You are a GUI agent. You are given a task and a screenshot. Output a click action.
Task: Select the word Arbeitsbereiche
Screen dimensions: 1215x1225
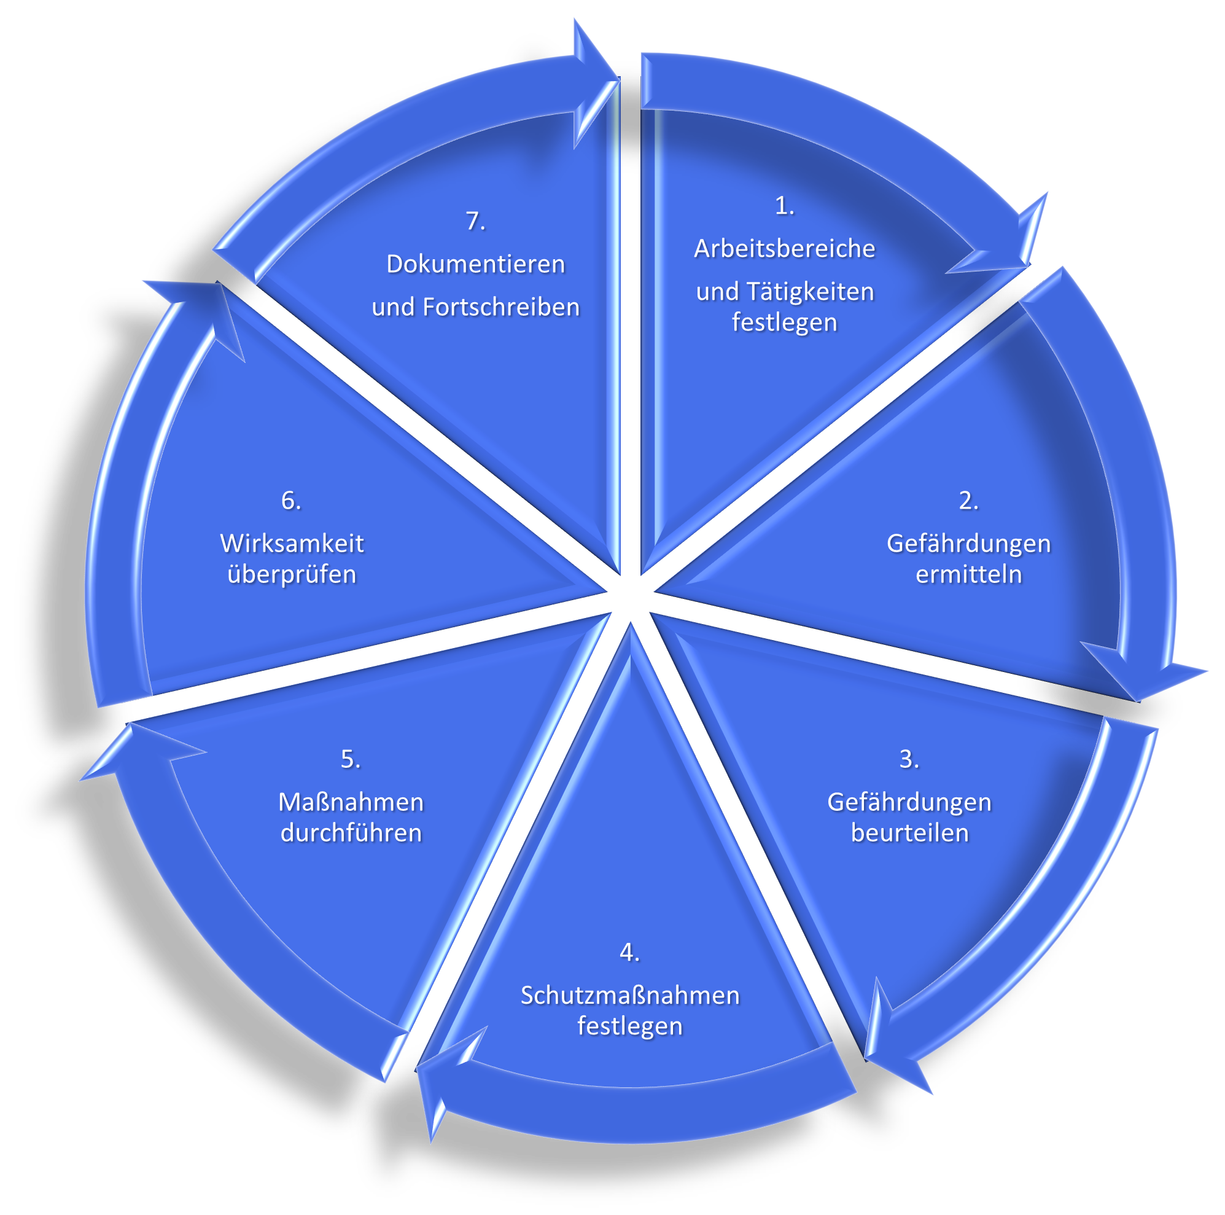click(x=784, y=249)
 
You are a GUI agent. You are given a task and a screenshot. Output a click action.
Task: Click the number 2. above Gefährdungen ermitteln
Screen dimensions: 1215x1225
click(x=968, y=501)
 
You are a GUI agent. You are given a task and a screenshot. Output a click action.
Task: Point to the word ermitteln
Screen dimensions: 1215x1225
click(x=968, y=574)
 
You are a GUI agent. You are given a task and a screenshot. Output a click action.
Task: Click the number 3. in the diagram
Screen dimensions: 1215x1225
click(x=909, y=759)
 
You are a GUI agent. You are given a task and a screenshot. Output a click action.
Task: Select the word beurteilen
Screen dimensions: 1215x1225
click(x=909, y=832)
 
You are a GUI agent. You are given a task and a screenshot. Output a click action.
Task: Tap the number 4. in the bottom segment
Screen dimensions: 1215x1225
click(x=629, y=952)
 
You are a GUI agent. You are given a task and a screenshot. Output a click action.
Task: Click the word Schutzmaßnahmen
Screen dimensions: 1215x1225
click(x=629, y=995)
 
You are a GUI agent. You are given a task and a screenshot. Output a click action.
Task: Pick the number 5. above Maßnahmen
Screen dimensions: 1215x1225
click(x=351, y=759)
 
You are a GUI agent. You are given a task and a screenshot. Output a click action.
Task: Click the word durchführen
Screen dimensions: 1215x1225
click(x=351, y=832)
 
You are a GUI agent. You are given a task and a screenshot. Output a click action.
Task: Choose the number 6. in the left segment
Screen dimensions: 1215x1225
click(x=291, y=501)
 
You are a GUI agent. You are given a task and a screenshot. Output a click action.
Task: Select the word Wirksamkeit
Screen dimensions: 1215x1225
click(x=292, y=544)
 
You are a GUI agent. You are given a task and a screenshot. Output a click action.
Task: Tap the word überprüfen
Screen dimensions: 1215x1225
click(x=292, y=574)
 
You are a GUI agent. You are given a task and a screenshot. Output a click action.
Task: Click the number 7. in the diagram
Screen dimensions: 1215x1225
click(x=475, y=221)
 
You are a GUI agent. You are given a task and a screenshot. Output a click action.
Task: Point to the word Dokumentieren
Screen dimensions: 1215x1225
click(x=475, y=264)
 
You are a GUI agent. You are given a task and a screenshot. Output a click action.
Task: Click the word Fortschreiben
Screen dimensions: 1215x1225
click(x=501, y=307)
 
